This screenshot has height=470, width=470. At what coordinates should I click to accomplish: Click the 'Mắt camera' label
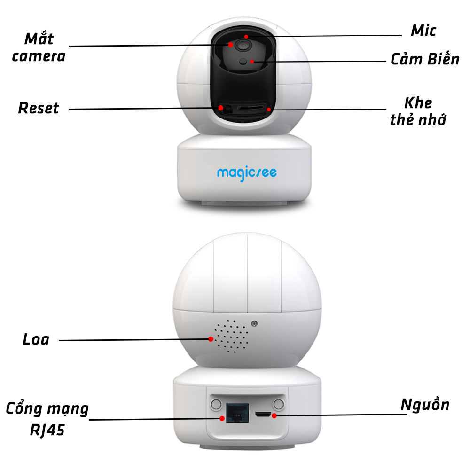[39, 47]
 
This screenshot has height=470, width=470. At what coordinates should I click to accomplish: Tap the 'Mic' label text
[423, 31]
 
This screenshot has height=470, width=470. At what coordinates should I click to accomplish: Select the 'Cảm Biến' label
[425, 60]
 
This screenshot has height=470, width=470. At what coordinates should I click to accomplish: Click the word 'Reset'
[39, 108]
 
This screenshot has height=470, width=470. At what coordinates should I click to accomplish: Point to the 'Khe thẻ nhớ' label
[418, 111]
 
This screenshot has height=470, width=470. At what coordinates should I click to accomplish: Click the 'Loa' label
[36, 339]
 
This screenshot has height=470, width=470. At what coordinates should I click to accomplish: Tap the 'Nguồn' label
[425, 405]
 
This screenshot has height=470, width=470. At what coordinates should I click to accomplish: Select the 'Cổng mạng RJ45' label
[47, 418]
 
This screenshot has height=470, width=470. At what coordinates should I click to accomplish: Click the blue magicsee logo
[247, 173]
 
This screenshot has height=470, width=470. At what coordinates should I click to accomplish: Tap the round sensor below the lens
[243, 61]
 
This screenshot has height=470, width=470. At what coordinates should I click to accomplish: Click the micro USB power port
[263, 415]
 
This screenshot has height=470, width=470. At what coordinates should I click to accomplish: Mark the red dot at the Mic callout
[246, 36]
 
